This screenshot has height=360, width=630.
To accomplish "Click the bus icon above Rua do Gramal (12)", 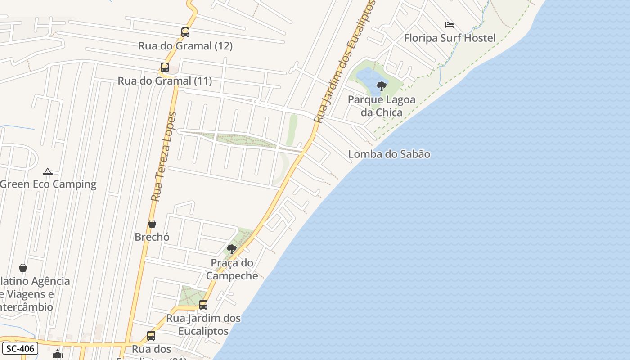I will tap(185, 32).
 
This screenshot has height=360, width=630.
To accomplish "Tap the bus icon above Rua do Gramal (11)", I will tap(165, 67).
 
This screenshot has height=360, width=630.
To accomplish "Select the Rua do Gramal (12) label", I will tap(185, 46).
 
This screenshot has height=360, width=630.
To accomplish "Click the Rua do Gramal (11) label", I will tap(165, 81).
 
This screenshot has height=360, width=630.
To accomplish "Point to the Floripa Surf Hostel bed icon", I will tap(449, 25).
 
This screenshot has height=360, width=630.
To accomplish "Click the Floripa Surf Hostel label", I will tap(450, 38).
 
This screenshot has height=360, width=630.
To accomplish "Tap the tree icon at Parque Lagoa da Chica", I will tap(382, 86).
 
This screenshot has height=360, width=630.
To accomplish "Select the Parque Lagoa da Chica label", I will tap(382, 106).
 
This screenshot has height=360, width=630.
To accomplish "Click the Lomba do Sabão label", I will tap(389, 154).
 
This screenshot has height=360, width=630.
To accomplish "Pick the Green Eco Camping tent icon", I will tap(48, 171).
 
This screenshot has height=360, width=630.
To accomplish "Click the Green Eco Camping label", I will tap(48, 184).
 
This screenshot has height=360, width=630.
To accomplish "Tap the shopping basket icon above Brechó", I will tap(152, 224).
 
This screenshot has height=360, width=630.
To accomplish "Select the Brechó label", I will tap(152, 237).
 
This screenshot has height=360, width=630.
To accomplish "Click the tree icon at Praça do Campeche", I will tap(232, 249).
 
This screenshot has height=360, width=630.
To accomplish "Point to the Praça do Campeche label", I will tap(232, 269).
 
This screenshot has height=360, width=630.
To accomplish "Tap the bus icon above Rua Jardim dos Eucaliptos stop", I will tap(203, 305).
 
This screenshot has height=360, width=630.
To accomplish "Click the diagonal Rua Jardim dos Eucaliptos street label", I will tap(345, 62).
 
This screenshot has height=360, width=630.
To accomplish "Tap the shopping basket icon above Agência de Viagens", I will tap(23, 268).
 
